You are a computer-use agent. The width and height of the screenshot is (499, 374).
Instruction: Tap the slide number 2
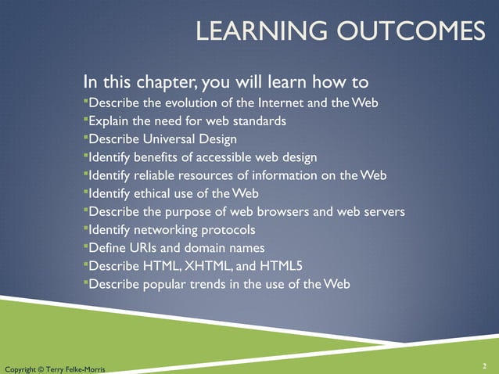pyautogui.click(x=485, y=365)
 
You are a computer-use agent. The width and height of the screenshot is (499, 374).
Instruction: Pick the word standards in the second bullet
pyautogui.click(x=258, y=121)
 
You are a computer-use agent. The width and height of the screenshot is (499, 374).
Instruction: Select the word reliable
pyautogui.click(x=164, y=175)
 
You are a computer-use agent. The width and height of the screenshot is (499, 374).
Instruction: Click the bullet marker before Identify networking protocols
pyautogui.click(x=85, y=228)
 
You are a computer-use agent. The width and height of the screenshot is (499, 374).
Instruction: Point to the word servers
pyautogui.click(x=382, y=211)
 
